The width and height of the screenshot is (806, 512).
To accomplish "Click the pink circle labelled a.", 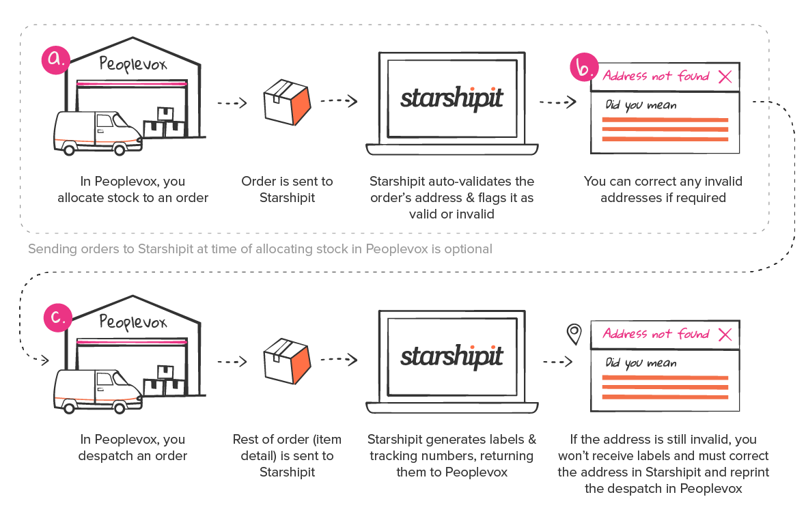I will coord(55,59).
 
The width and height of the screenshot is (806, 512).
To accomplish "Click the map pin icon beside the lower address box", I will coord(574,334).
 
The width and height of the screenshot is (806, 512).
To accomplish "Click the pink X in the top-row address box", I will coord(725,77).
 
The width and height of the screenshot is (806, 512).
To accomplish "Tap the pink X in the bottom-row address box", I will coord(725,335).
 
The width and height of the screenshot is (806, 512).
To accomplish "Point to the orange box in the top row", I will coord(287,103).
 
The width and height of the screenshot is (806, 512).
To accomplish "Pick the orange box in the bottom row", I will coord(287,360).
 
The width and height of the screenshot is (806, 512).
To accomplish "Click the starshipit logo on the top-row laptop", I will coord(451,99).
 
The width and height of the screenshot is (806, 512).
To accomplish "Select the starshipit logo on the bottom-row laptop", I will coord(451,356).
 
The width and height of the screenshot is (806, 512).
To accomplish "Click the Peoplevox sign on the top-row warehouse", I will coord(133,65).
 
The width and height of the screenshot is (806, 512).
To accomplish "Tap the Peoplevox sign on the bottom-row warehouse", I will coord(133,322).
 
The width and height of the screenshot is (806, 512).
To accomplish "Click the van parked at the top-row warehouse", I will coord(96,132).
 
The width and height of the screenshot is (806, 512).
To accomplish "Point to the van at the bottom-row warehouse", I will coord(96,390).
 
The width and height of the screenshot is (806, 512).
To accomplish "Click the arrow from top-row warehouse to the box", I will coord(232,104).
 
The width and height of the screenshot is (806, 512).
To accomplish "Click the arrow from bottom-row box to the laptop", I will coord(339,359).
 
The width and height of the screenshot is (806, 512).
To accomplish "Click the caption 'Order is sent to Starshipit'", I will coord(287,190).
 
